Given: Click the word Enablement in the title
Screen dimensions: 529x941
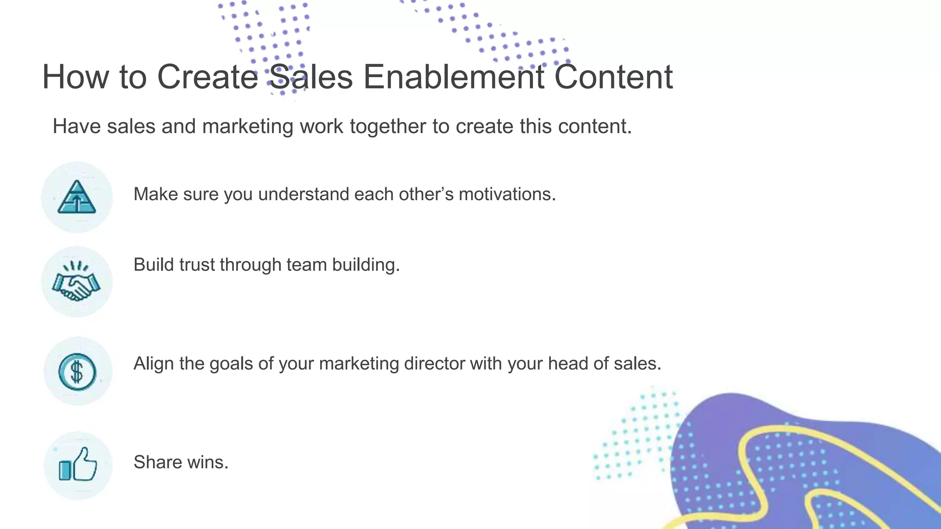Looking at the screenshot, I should [x=453, y=77].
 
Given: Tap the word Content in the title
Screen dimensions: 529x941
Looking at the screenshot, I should [x=613, y=77].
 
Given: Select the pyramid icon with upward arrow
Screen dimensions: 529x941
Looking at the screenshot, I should [x=77, y=197].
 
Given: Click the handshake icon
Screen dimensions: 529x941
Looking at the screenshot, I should [x=76, y=281].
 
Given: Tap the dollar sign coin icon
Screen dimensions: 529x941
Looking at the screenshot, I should [x=77, y=371].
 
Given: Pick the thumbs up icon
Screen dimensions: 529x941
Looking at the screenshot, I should [x=78, y=465].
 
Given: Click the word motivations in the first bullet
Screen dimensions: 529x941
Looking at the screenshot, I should [x=507, y=194].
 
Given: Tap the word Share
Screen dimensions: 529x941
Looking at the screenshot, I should [x=158, y=462].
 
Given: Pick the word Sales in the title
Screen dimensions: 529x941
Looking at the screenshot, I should [x=311, y=77].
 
